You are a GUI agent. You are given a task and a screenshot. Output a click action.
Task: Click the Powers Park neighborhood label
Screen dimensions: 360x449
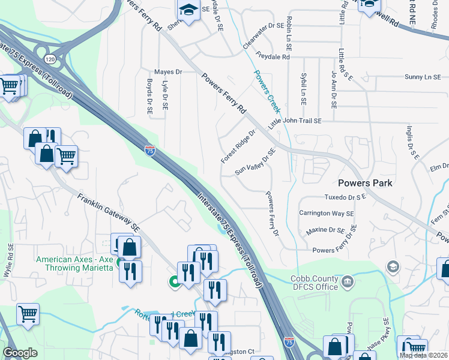[365, 183]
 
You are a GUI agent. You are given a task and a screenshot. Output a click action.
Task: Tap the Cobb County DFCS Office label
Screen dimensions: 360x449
[315, 283]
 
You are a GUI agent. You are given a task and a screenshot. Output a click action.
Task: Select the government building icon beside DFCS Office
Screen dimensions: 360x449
[348, 281]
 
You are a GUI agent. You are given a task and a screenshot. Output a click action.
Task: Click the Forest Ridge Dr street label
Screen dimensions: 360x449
[238, 146]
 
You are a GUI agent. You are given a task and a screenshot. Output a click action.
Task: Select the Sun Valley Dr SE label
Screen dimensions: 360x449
[255, 163]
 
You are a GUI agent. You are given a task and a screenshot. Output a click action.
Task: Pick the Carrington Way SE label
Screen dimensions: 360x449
[327, 214]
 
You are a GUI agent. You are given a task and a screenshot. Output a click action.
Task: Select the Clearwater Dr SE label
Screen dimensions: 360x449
[263, 36]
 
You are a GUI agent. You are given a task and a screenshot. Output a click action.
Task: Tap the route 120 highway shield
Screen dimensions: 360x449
[50, 59]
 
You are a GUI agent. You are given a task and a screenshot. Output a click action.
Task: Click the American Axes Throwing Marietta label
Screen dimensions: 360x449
[74, 263]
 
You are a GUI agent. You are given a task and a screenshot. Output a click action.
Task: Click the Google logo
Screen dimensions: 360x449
[20, 353]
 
